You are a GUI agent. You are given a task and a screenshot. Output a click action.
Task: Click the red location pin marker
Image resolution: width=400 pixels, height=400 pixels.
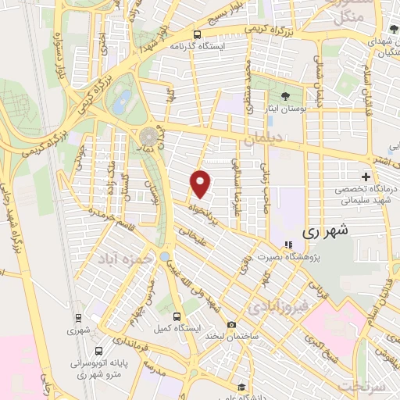(x=202, y=183)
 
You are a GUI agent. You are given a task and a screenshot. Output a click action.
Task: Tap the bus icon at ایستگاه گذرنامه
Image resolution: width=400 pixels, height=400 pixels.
(x=196, y=34)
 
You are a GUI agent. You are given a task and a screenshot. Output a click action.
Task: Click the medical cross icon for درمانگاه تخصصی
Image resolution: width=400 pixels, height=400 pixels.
(x=366, y=176)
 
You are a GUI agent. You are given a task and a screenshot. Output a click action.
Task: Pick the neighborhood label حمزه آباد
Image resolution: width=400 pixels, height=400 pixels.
(x=120, y=256)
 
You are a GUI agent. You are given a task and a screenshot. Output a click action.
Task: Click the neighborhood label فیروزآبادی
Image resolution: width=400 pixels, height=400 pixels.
(x=278, y=308)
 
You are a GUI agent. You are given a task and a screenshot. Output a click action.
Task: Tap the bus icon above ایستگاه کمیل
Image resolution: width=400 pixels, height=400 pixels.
(x=177, y=317)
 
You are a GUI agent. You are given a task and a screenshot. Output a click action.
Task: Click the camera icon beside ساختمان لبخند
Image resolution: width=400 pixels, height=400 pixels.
(x=231, y=325)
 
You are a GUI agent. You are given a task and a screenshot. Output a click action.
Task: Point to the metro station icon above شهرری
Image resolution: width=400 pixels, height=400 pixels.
(x=78, y=317)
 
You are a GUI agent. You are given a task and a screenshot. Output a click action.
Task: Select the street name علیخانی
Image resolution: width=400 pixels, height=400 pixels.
(x=191, y=237)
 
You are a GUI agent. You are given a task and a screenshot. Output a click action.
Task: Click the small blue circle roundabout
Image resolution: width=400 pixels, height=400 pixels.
(x=165, y=255)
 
